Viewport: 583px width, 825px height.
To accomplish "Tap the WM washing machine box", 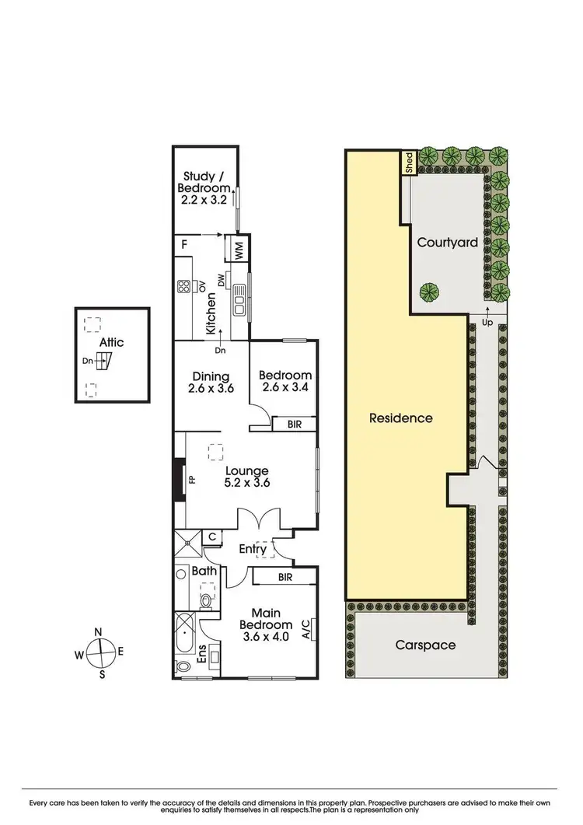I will (239, 250).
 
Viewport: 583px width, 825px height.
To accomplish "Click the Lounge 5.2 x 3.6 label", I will (246, 476).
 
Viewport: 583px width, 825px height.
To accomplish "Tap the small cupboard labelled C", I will (212, 537).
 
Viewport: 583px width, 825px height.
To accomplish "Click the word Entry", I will (253, 549).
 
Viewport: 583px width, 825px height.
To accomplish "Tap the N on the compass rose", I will (99, 632).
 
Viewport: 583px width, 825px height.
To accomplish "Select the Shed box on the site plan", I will (407, 163).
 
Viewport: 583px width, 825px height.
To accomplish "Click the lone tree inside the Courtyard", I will (426, 292).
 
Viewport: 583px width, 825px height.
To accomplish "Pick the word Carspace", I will (424, 645).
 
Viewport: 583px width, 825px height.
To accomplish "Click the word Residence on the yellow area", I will (400, 418).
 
